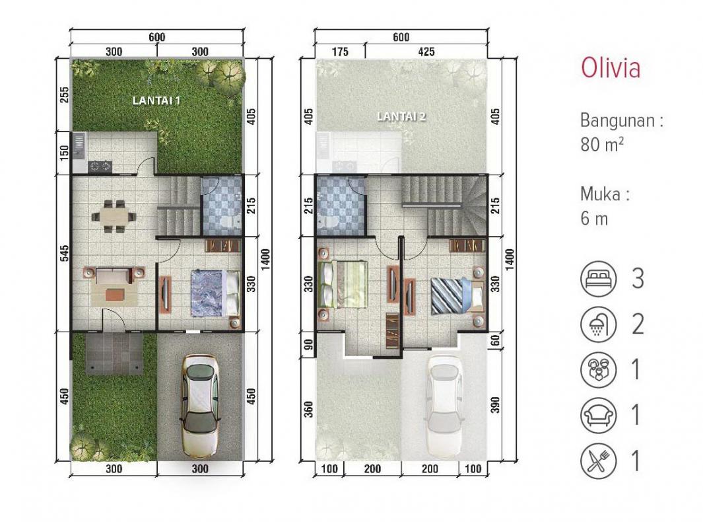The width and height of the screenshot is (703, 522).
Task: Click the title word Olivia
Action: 610,68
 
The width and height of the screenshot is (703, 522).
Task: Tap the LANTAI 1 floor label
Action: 156,100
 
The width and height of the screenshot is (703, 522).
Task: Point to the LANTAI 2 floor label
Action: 401,116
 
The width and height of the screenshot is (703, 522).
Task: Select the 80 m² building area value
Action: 601,145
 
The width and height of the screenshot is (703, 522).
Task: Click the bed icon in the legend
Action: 597,278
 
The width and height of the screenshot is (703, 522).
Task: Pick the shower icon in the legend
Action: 597,324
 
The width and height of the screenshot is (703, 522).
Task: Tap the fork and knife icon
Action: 597,460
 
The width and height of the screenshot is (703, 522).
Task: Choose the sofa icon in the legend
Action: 597,415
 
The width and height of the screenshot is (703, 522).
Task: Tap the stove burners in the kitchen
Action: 101,165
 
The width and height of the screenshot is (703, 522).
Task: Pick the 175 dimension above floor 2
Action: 340,52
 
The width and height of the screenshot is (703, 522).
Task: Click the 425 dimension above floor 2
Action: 426,52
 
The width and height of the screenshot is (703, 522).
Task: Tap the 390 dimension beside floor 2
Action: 496,404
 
